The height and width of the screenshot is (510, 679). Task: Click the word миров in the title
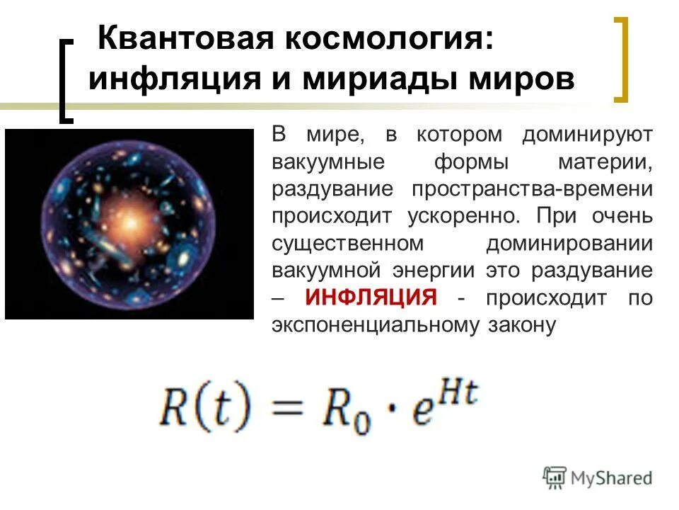[524, 80]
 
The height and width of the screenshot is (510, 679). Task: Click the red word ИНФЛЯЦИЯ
[371, 298]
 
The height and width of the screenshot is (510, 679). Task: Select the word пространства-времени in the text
[528, 189]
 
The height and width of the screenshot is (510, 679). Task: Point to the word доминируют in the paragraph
[587, 135]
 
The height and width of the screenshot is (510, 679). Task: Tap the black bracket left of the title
[66, 81]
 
